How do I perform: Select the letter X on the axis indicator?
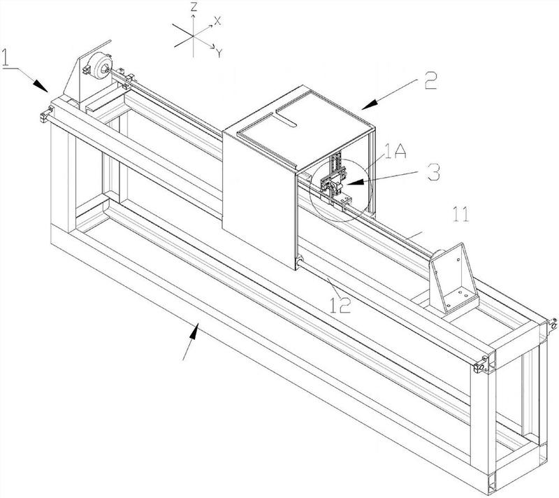click(217, 21)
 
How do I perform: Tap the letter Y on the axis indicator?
click(219, 50)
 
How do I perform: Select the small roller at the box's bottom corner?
click(298, 262)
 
